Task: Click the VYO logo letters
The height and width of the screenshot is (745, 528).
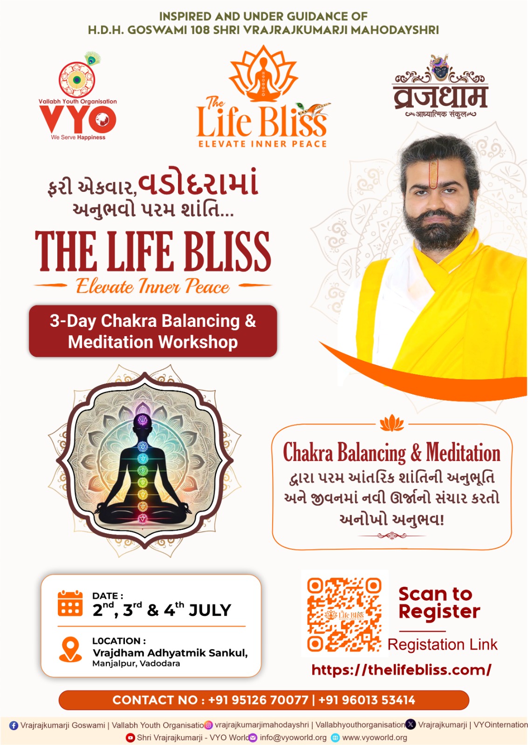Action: [78, 119]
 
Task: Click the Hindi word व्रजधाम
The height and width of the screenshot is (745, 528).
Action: [440, 97]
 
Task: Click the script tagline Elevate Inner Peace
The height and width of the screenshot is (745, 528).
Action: [153, 286]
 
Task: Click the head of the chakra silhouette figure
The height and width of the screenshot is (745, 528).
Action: [143, 422]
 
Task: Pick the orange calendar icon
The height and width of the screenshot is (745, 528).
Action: [70, 603]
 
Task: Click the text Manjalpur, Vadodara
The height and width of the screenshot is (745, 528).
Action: [136, 664]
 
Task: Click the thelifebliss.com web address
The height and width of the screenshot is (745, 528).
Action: [401, 670]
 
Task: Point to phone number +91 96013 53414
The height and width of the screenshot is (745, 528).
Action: [367, 700]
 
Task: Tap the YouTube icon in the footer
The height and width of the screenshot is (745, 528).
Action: [130, 738]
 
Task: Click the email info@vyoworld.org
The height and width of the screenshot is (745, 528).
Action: [293, 738]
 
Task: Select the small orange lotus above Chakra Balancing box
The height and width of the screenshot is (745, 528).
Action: [392, 423]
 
